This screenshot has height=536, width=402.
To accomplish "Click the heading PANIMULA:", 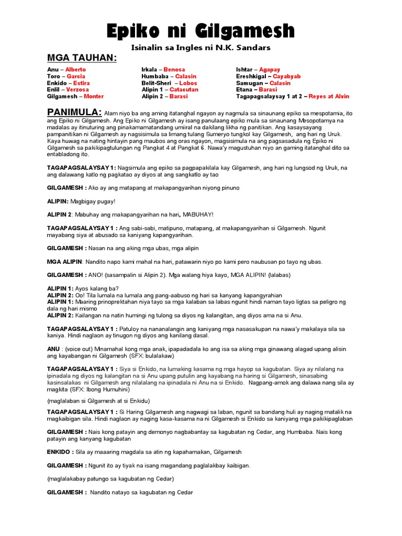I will tap(74, 113).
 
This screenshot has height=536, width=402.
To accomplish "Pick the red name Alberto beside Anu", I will tap(75, 70).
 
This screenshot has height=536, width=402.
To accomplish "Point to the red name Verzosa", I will tap(78, 90).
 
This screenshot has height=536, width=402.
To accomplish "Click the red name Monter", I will tap(94, 97).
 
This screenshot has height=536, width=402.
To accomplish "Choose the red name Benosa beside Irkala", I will tap(174, 70).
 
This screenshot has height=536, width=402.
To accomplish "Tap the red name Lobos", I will tap(188, 83).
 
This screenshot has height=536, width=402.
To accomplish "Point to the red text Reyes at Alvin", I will tap(329, 97).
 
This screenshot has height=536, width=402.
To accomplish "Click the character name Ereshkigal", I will tap(252, 76).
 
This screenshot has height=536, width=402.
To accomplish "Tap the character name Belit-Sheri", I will tap(157, 83).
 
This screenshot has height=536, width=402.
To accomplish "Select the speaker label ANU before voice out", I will tap(53, 349).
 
